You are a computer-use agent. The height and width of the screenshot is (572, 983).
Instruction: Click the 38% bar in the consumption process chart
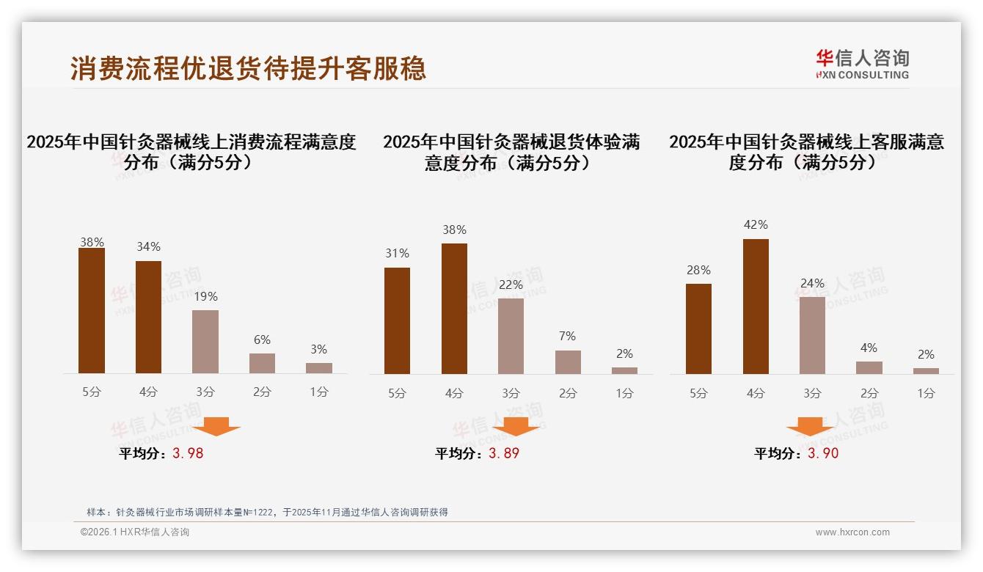(x=92, y=311)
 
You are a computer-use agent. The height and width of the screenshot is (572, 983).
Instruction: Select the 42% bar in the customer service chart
(x=756, y=307)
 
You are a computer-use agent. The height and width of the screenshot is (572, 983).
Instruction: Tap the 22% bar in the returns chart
(x=511, y=336)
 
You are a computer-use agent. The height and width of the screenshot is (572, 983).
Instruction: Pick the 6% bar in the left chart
(x=262, y=363)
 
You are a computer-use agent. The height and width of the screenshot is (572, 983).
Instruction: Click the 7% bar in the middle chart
(x=568, y=362)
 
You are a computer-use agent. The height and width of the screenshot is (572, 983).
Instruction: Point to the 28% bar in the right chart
(x=698, y=329)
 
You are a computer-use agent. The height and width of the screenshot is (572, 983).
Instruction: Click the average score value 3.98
(x=188, y=453)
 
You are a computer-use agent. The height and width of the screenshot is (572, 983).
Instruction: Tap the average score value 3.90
(x=823, y=453)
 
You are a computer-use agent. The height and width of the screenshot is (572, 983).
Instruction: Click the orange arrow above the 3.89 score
(x=516, y=426)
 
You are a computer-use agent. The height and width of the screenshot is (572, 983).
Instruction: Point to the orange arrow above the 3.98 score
(x=216, y=426)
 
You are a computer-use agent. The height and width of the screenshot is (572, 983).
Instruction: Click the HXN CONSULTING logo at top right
(x=862, y=64)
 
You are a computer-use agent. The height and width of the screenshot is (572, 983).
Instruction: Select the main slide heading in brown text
(x=248, y=68)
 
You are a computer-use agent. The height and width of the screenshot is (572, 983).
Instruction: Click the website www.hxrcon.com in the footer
(x=852, y=532)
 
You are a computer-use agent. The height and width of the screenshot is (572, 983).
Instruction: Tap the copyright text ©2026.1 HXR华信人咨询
(x=135, y=532)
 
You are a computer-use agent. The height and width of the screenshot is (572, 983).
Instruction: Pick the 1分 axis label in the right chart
(x=926, y=393)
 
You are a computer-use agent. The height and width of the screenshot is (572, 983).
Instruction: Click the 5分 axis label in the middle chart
(x=397, y=393)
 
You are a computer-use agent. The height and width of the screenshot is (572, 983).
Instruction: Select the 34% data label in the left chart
(x=148, y=246)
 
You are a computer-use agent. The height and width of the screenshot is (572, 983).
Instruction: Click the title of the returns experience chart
(x=511, y=152)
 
